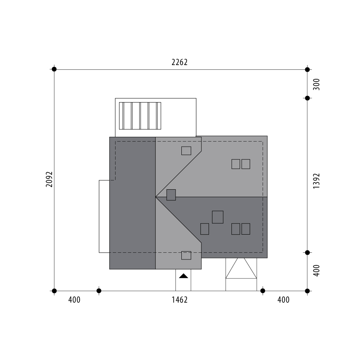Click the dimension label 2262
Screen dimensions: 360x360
tap(179, 62)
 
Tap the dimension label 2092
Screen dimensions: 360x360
tap(49, 179)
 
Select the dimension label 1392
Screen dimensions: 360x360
tap(316, 181)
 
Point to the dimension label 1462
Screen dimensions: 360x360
tap(179, 300)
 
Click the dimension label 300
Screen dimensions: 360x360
tap(316, 84)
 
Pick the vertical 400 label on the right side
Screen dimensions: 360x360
tap(316, 270)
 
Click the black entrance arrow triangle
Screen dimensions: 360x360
tap(183, 276)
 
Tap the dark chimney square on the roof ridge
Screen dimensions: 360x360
tap(171, 195)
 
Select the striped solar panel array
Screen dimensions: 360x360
tap(140, 116)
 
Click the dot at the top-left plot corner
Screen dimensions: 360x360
tap(54, 69)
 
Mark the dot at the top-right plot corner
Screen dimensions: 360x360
tap(308, 69)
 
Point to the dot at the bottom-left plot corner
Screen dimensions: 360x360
tap(54, 291)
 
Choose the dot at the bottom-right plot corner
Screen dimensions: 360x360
tap(308, 291)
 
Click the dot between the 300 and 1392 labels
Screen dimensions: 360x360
tap(308, 98)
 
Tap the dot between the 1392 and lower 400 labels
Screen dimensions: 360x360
tap(308, 252)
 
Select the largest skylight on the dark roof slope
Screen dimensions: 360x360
tap(218, 217)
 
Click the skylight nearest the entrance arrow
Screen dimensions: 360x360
tap(186, 255)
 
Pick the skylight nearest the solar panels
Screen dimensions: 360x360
tap(186, 151)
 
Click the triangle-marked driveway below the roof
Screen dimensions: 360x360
tap(241, 274)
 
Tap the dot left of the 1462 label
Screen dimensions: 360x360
tap(99, 291)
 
